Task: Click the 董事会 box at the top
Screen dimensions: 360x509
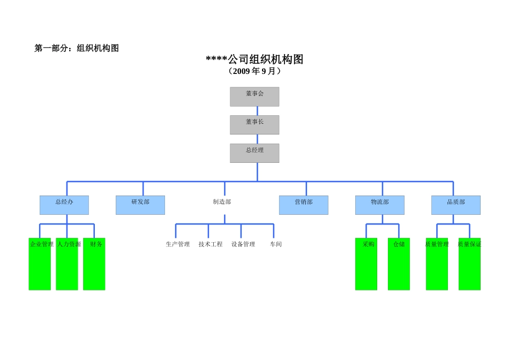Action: click(x=254, y=97)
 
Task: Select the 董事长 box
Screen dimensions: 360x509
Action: click(x=254, y=125)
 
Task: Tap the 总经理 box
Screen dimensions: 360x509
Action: click(x=254, y=153)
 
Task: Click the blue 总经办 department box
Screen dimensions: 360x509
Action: click(x=64, y=205)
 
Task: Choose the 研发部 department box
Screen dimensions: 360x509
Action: click(x=140, y=205)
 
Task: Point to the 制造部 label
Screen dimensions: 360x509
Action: click(x=222, y=202)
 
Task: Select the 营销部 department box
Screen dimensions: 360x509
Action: click(x=304, y=205)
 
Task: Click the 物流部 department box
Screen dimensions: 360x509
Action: click(x=380, y=205)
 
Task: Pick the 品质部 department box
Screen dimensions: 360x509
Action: click(x=456, y=205)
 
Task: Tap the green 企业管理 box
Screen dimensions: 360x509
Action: click(x=40, y=264)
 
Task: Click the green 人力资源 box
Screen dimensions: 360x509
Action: click(x=67, y=264)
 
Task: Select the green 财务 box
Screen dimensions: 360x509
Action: click(x=94, y=264)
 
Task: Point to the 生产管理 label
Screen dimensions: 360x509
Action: click(x=178, y=244)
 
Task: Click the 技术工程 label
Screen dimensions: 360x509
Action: click(x=211, y=244)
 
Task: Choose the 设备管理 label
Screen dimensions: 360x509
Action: click(x=243, y=244)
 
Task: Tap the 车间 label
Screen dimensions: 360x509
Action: click(x=276, y=244)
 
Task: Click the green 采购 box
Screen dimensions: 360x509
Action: click(x=366, y=264)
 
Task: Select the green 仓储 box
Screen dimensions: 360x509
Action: click(x=399, y=264)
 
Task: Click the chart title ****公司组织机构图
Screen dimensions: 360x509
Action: click(x=254, y=59)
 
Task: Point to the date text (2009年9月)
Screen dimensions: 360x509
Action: click(x=254, y=71)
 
